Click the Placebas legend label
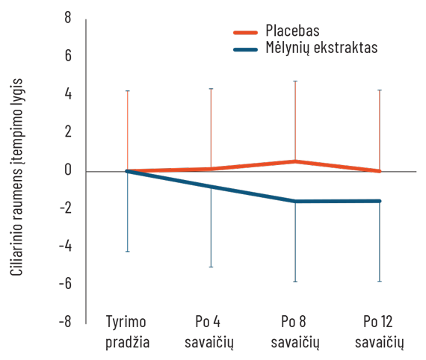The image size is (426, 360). tap(292, 31)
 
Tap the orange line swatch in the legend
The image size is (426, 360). tap(249, 32)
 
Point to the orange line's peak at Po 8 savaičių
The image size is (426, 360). tap(296, 161)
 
